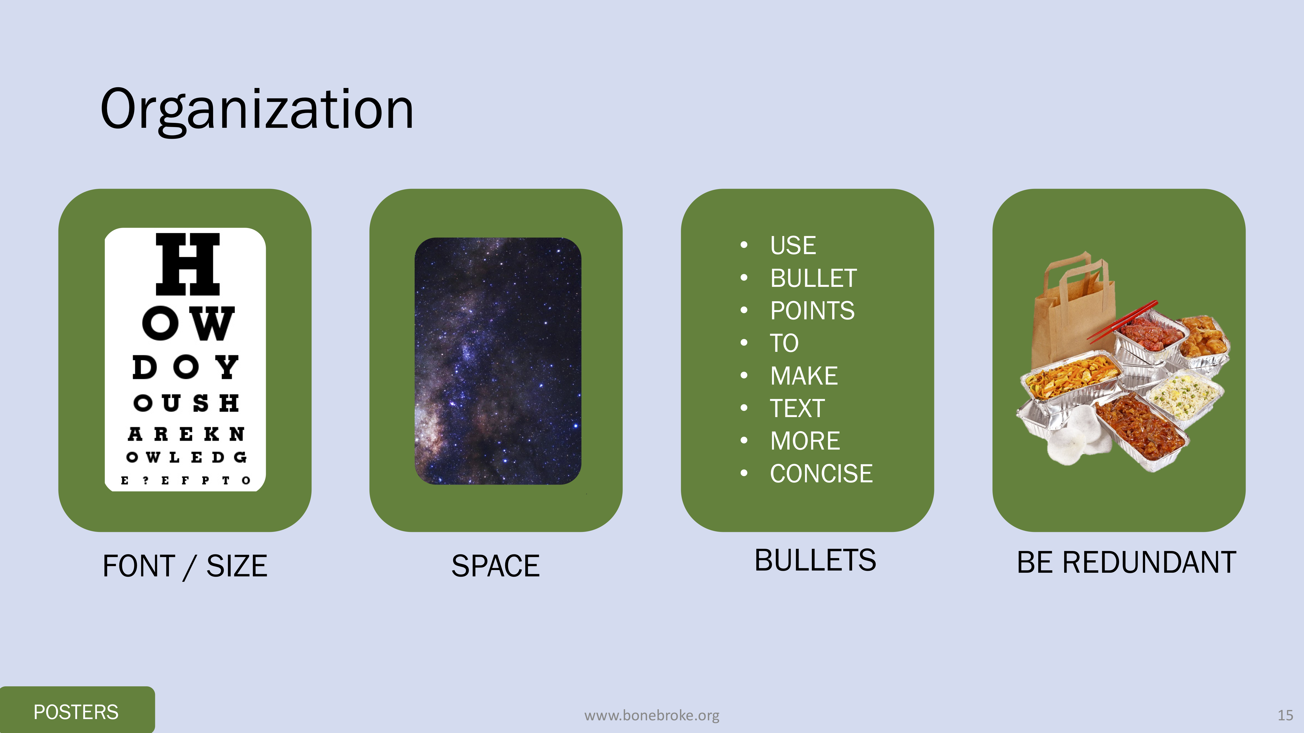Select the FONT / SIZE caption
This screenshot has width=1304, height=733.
(x=185, y=566)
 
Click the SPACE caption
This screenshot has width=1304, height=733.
(x=496, y=566)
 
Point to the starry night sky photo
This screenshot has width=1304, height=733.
(x=498, y=361)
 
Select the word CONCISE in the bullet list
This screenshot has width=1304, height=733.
(x=821, y=474)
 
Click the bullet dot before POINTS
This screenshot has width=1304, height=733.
(x=744, y=310)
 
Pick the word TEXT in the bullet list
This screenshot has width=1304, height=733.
(x=797, y=408)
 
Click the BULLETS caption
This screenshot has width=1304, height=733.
(x=815, y=561)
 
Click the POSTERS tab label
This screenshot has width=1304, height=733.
(x=76, y=712)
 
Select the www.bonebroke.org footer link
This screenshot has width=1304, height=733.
(x=651, y=715)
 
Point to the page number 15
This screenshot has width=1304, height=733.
(x=1285, y=715)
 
